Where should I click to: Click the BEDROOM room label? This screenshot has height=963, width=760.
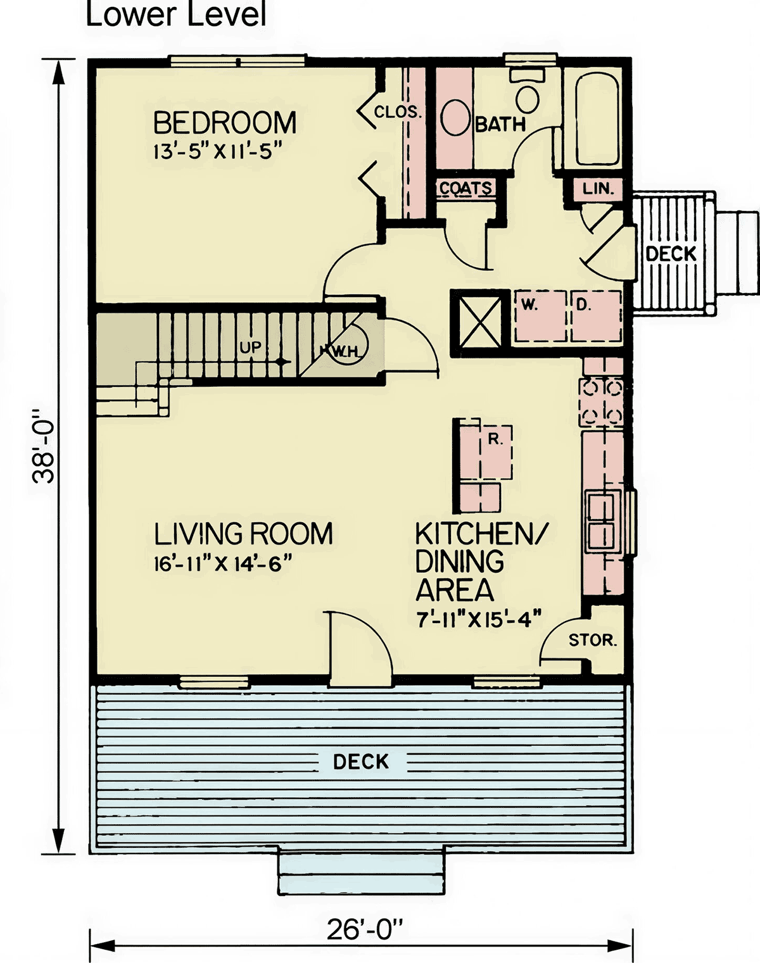click(225, 123)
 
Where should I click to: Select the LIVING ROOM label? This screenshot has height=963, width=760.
click(243, 533)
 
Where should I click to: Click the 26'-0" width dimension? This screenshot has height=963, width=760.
click(365, 929)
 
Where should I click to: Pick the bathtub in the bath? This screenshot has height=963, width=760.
click(597, 119)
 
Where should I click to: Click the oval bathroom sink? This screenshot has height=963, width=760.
click(455, 117)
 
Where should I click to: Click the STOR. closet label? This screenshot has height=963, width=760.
click(593, 640)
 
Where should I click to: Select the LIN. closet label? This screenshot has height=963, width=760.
click(598, 189)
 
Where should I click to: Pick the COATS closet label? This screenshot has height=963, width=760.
click(465, 188)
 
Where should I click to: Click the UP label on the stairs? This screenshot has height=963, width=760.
click(251, 347)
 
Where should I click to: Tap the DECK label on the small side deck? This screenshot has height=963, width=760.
click(671, 254)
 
